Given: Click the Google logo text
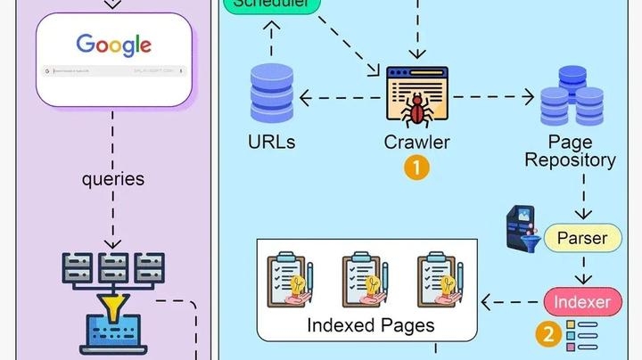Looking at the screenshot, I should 113,45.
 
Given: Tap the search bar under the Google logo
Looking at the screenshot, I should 113,70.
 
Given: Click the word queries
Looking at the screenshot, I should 113,178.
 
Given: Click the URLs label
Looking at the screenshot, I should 272,142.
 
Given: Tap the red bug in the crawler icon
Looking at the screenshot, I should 416,110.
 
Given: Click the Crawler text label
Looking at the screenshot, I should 416,142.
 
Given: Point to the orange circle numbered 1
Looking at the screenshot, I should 416,167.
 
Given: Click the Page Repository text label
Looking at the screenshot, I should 570,151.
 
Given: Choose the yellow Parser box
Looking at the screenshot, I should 581,238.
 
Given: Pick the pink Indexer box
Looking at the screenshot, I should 582,302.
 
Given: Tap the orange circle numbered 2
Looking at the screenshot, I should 547,335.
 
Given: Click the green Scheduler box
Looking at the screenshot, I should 271,4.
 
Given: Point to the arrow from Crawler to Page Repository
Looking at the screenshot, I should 490,95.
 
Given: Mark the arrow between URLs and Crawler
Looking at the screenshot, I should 340,95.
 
